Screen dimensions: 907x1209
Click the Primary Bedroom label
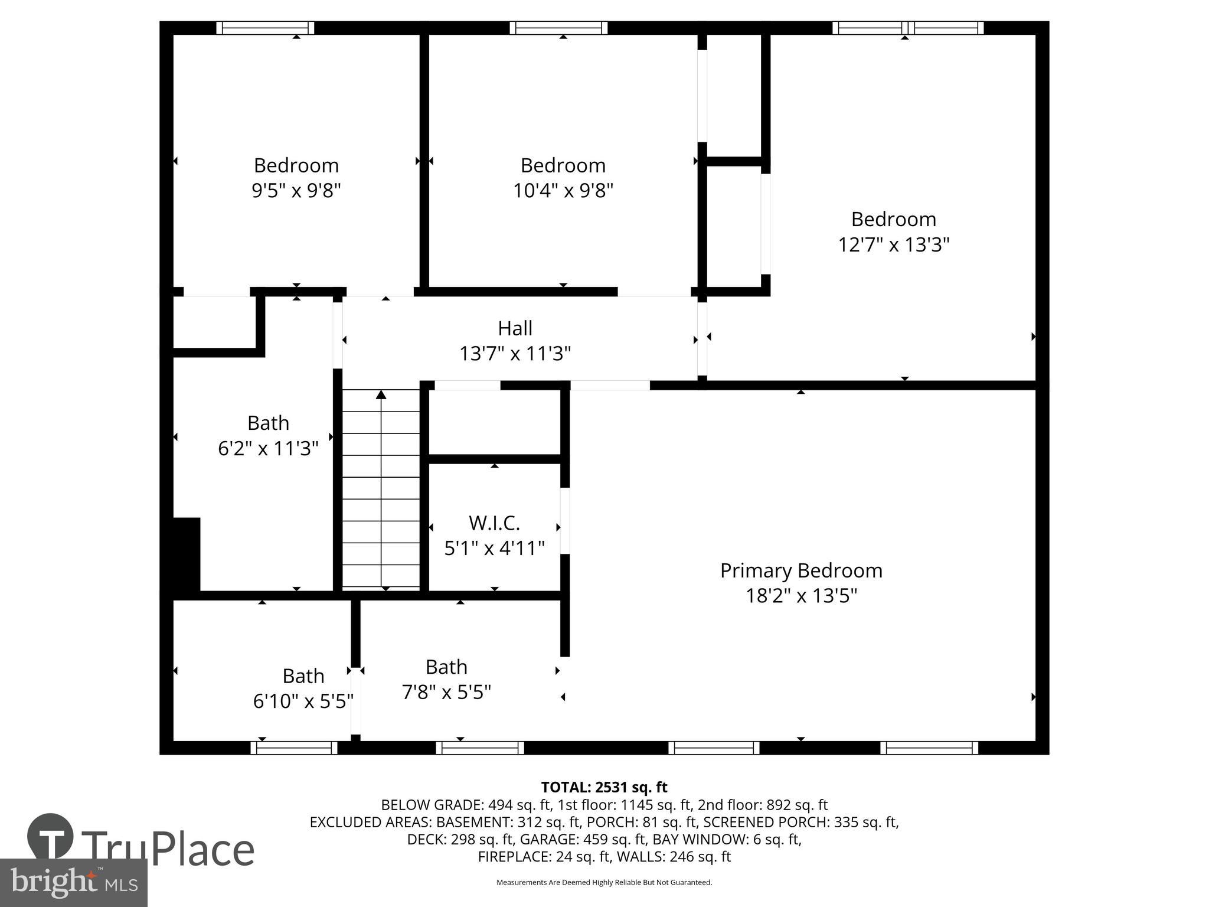[801, 570]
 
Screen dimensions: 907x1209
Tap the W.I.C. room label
[494, 523]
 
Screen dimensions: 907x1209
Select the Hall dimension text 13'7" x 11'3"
[515, 354]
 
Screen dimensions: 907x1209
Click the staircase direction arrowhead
[381, 394]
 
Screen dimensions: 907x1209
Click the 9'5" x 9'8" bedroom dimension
[296, 191]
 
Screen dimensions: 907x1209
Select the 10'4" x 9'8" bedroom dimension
[563, 191]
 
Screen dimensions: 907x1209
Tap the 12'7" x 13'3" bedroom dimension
[893, 244]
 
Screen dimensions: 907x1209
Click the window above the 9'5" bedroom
[265, 28]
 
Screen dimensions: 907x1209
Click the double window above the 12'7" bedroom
[908, 28]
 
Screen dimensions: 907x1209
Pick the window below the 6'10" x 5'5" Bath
[294, 748]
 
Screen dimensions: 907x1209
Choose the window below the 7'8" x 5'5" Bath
[480, 748]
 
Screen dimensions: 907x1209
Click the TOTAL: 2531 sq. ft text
[604, 787]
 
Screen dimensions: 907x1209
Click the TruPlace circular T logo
[50, 836]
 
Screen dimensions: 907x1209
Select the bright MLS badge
[73, 883]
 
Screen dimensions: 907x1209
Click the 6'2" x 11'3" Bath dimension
[268, 449]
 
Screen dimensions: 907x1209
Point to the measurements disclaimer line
[604, 882]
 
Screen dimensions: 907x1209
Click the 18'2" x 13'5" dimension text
[801, 596]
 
